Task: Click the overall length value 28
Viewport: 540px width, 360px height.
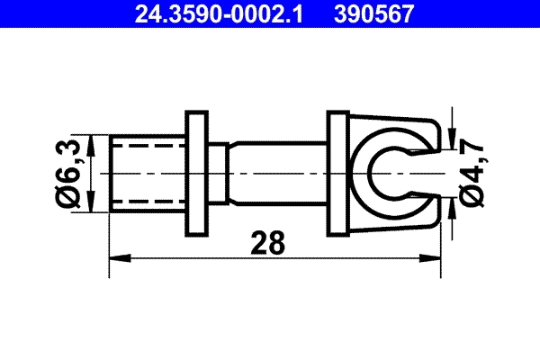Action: tap(268, 243)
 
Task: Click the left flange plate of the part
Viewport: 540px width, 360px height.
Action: tap(195, 172)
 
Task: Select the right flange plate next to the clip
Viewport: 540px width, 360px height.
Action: tap(337, 172)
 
